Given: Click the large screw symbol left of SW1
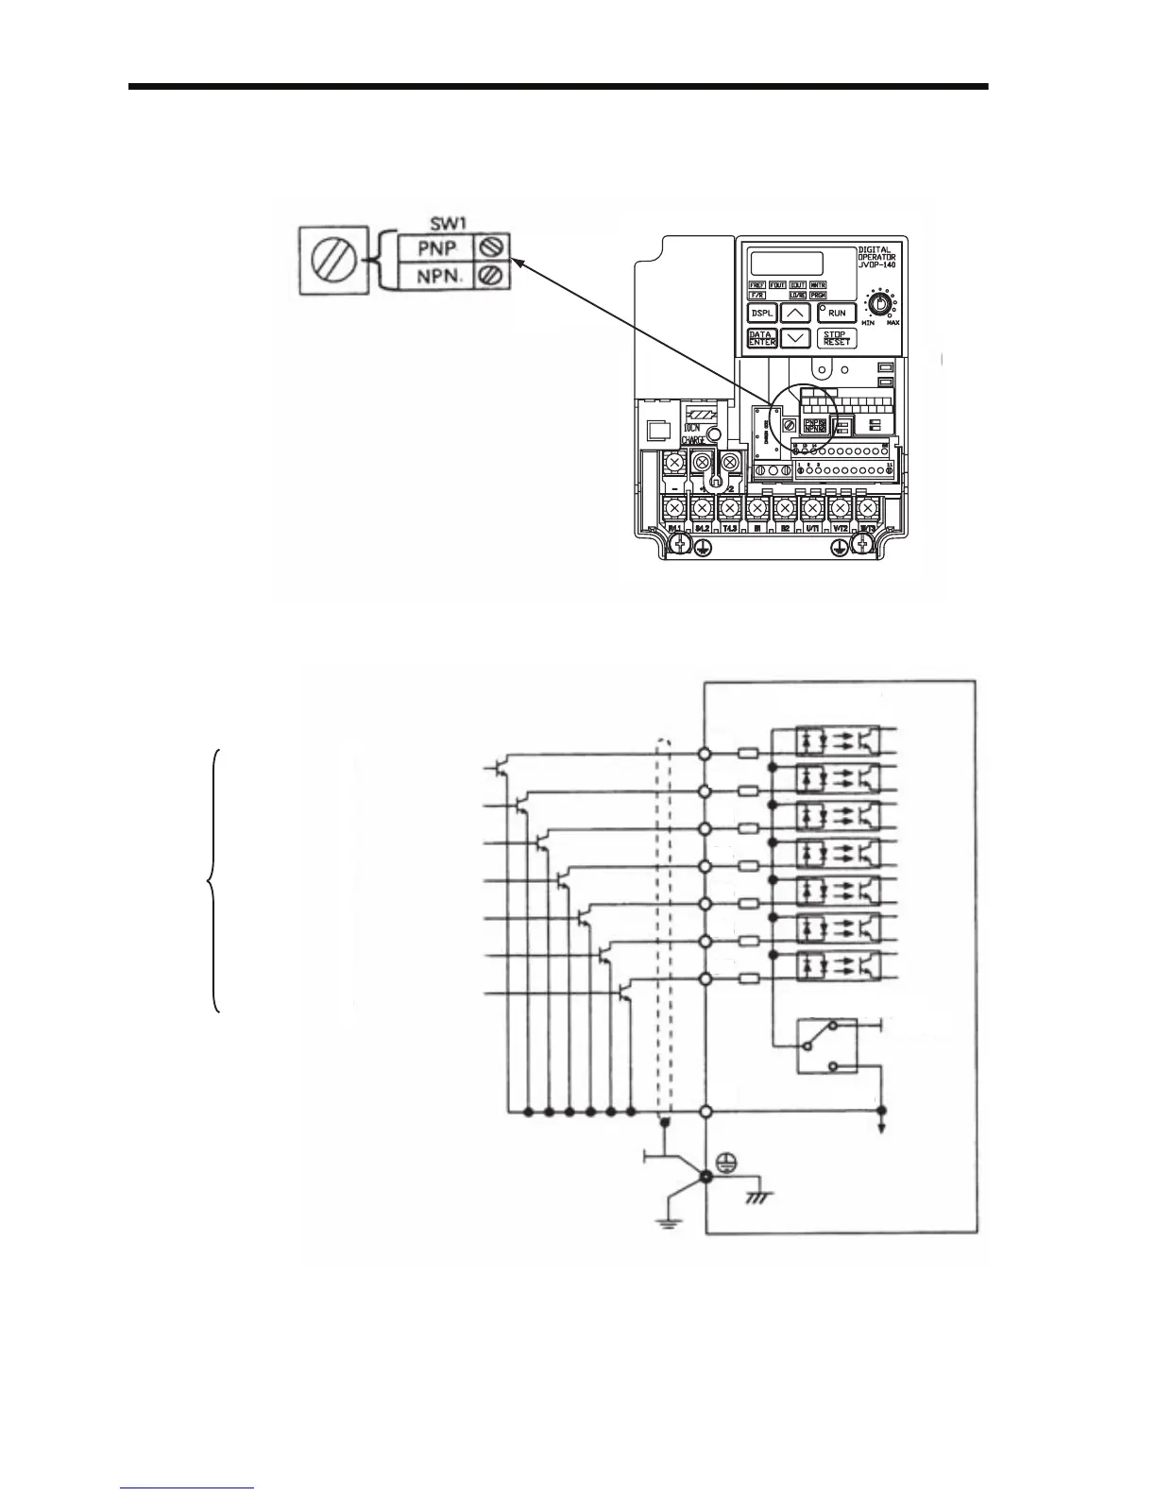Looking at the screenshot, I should pos(331,260).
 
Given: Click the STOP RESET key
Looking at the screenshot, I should pos(836,339).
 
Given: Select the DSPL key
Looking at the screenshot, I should pos(762,313).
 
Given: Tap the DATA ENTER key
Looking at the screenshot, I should pos(762,339).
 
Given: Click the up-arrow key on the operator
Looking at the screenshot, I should pos(797,313).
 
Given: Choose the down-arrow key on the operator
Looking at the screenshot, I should pos(797,338).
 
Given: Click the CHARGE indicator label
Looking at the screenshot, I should pos(695,439).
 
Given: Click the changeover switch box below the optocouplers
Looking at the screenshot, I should pos(827,1045).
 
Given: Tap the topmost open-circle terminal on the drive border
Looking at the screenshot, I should pos(705,754).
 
